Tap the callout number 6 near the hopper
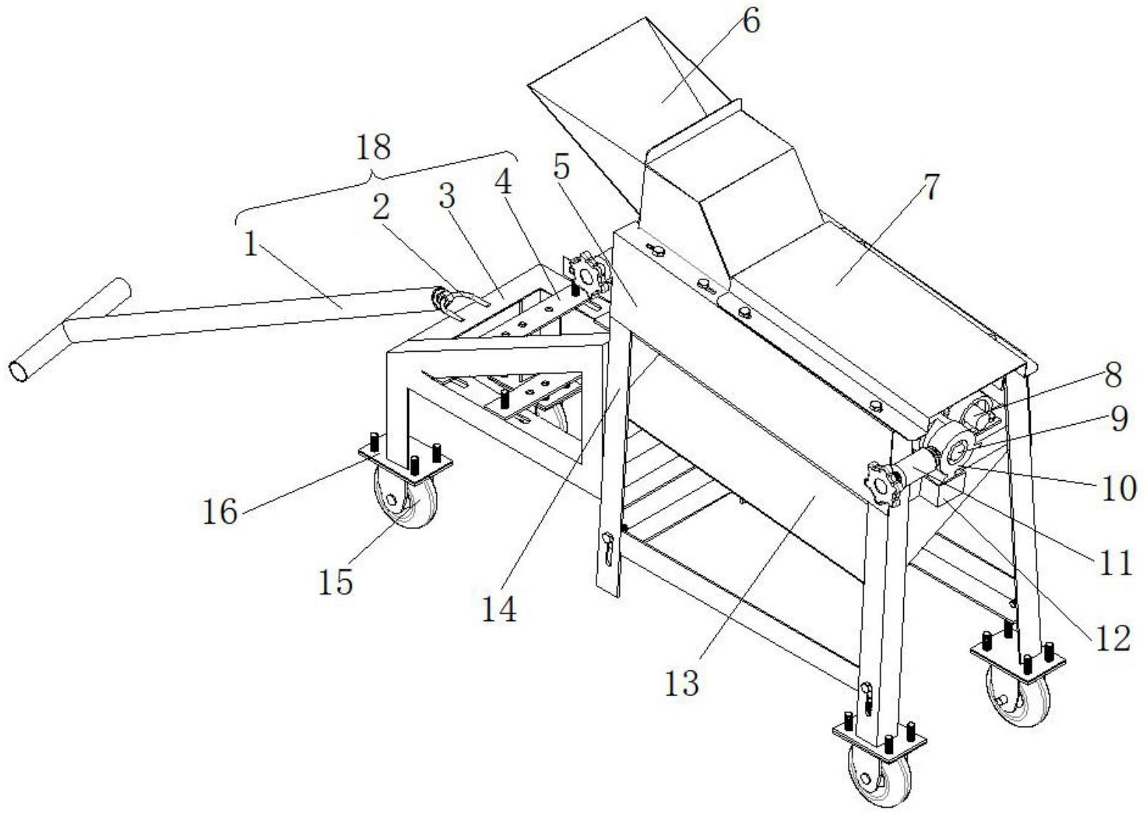click(x=749, y=21)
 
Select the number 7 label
click(x=932, y=187)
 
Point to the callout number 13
click(x=682, y=683)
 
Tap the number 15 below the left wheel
click(x=335, y=581)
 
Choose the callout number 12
click(x=1113, y=639)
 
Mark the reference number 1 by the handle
click(x=251, y=246)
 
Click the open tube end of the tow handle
click(x=21, y=371)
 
